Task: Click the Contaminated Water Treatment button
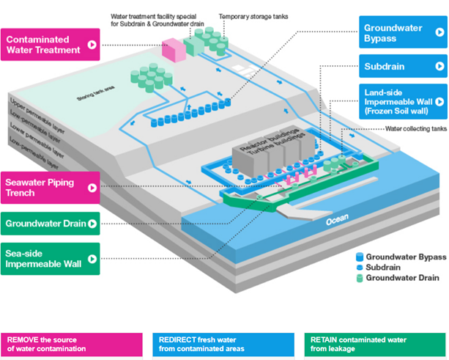51,44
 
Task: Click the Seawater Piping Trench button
51,188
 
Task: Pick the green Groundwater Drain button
51,224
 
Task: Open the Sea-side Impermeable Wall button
51,259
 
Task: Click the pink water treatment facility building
174,51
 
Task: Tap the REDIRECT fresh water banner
223,344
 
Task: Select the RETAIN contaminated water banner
373,344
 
